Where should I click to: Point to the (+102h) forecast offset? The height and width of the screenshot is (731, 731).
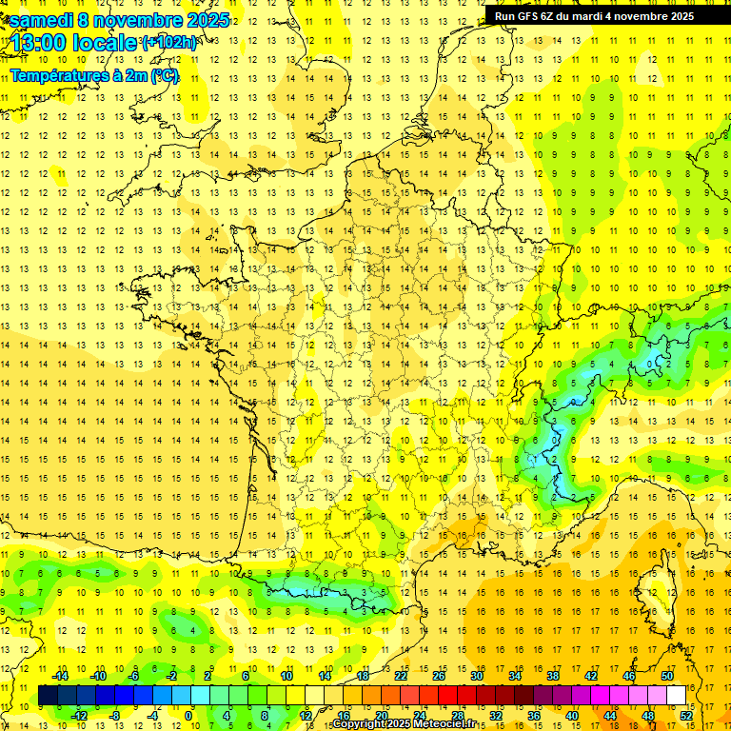click(169, 42)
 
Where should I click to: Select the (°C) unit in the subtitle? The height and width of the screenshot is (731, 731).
click(164, 76)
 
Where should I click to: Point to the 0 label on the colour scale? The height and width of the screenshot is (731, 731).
click(188, 715)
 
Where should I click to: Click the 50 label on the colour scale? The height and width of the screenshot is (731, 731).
click(667, 676)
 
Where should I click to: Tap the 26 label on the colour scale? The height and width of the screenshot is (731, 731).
click(439, 676)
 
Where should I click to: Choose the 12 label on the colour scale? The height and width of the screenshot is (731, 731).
click(305, 715)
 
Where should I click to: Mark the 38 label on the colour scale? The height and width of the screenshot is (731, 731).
click(553, 676)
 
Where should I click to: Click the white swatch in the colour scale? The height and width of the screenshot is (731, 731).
click(677, 695)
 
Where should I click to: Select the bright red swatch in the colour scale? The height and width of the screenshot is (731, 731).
click(448, 695)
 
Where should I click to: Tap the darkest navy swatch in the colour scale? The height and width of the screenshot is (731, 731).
click(48, 695)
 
